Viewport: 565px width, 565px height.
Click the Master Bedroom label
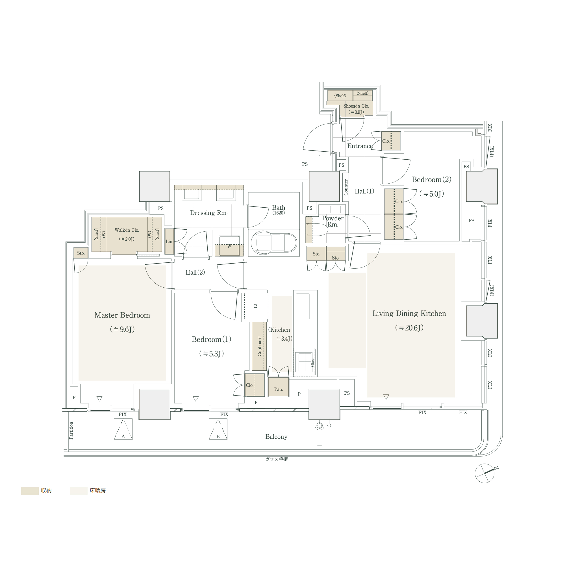[122, 315]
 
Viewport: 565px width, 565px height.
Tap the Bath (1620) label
[279, 209]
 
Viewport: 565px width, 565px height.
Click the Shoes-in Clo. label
[356, 106]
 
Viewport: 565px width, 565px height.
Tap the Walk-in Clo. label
[127, 230]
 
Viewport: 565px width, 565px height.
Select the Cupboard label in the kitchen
[259, 346]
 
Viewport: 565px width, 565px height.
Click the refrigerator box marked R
[256, 306]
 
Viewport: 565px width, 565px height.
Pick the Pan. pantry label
[279, 389]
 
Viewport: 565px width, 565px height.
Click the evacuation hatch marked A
[123, 429]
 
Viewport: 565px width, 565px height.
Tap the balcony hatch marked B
[218, 429]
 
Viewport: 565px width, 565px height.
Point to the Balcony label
[276, 437]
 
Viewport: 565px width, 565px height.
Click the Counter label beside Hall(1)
[346, 187]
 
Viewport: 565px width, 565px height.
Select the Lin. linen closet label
[169, 242]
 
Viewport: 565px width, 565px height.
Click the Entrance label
[360, 146]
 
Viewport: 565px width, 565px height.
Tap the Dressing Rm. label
[208, 213]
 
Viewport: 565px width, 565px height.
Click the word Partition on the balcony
[71, 431]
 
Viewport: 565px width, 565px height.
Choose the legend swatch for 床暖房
[78, 490]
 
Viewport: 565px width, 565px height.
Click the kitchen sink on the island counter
[303, 306]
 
